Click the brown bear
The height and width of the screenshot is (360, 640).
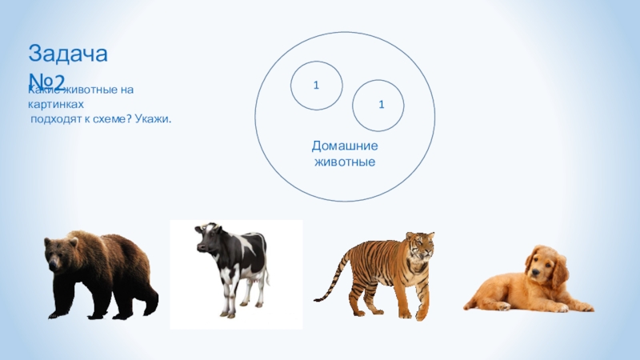click(x=100, y=272)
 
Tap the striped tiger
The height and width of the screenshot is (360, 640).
click(x=384, y=268)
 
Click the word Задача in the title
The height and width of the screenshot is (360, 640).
click(x=69, y=54)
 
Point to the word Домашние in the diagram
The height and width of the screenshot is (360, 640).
click(x=344, y=146)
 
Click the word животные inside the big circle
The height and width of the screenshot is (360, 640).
click(x=344, y=162)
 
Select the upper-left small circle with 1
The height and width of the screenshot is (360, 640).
click(x=317, y=85)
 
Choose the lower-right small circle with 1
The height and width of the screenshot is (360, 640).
click(x=378, y=104)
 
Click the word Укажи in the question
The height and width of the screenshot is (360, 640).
click(x=154, y=119)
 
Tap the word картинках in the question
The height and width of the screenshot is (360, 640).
click(x=55, y=106)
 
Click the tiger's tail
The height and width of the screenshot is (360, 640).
click(x=328, y=288)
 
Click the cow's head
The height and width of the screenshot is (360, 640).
click(x=210, y=238)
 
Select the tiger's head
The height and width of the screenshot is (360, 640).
click(x=419, y=246)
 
